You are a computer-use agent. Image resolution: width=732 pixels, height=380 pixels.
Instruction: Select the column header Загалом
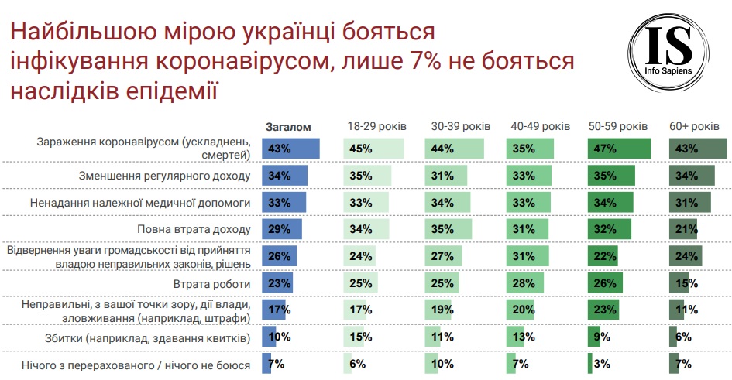[287, 126]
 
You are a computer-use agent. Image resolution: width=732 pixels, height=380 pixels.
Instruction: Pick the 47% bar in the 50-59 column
[618, 149]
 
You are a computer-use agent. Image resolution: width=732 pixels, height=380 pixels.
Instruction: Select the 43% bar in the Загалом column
[290, 149]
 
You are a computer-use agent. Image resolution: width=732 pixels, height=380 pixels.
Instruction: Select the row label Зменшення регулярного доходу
[165, 176]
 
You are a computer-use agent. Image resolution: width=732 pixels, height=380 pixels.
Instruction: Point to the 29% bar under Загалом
[282, 230]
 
